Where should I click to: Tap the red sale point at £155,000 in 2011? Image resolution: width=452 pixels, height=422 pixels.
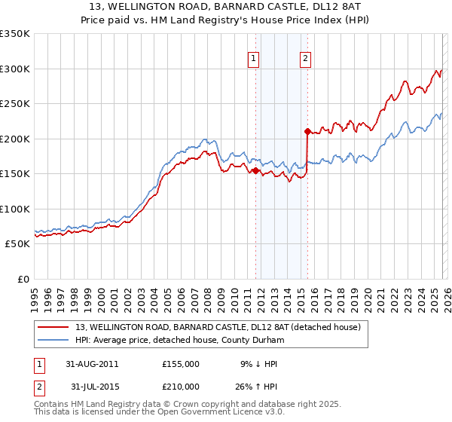(256, 171)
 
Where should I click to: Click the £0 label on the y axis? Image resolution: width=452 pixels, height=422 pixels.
(22, 279)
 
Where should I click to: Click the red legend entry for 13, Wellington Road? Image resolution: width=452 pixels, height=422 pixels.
(218, 327)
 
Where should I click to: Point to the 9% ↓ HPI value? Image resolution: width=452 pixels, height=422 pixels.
(259, 364)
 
